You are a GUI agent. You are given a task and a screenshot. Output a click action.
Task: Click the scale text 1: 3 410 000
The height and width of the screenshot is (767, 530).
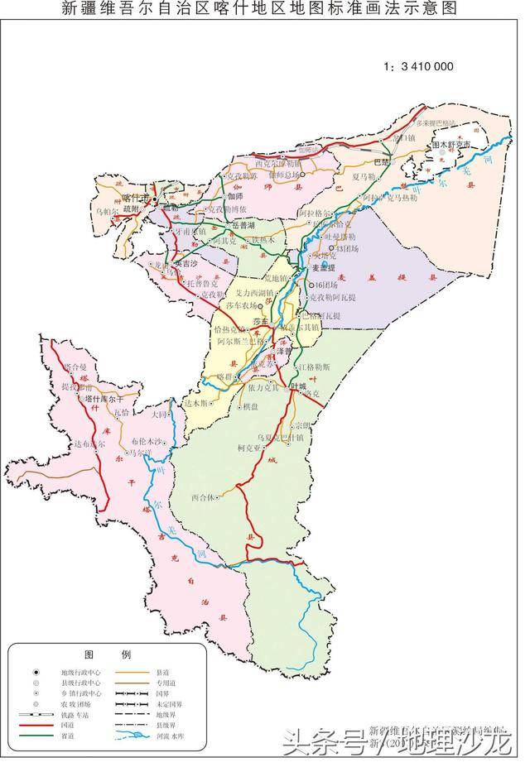click(419, 66)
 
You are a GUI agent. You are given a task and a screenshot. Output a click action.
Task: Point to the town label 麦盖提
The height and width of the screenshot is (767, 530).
click(325, 268)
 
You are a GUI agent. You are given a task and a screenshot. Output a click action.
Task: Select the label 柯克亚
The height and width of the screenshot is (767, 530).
click(249, 448)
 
